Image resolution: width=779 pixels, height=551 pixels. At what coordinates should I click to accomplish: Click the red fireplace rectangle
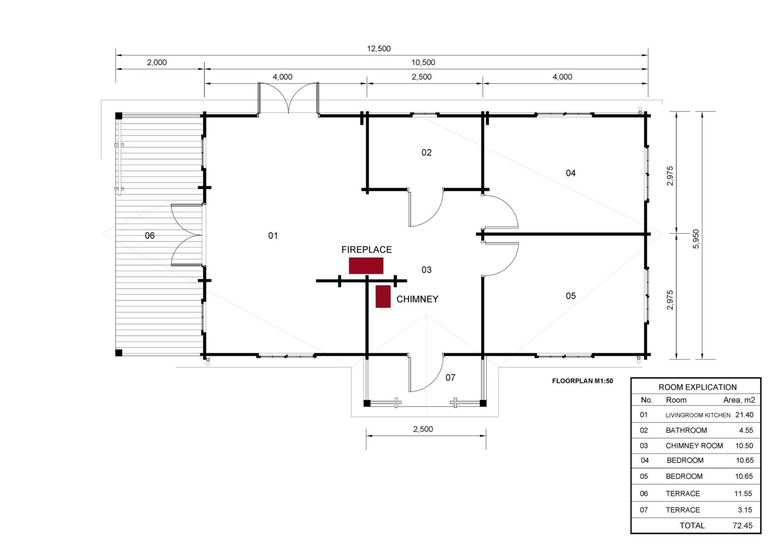point(366,266)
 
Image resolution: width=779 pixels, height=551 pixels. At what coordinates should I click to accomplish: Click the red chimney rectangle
point(383,296)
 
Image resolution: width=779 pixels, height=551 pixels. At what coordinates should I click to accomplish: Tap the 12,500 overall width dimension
point(379,49)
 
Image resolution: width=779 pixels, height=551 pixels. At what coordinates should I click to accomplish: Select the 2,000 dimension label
point(156,63)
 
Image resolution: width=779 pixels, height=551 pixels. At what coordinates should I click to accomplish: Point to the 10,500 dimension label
point(423,63)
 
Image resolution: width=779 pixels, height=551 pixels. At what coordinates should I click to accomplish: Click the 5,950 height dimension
point(696,239)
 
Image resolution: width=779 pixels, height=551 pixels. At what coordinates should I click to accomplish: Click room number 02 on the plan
point(427,152)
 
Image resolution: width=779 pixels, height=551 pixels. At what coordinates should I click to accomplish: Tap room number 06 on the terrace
point(149,236)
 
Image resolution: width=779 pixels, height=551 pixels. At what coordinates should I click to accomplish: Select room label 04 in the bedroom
point(571,173)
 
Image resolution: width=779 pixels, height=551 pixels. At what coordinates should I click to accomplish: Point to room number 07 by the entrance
point(450,377)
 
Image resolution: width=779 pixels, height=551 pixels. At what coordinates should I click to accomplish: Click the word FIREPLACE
point(367,250)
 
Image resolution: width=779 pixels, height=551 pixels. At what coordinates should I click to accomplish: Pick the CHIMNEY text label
point(417,299)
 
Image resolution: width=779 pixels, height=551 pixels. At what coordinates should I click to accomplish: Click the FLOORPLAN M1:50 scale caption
point(582,381)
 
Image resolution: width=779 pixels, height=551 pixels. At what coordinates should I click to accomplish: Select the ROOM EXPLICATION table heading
point(698,387)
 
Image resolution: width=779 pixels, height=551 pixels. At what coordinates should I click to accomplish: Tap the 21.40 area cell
point(744,415)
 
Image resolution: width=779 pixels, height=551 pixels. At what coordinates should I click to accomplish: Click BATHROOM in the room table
point(686,430)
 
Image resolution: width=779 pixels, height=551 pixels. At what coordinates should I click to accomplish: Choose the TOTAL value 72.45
point(742,526)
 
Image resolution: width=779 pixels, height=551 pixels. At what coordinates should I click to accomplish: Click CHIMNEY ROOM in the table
point(694,446)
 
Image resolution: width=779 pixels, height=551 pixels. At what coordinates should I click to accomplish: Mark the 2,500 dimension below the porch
point(423,429)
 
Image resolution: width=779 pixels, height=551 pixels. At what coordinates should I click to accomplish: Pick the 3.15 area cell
point(745,510)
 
